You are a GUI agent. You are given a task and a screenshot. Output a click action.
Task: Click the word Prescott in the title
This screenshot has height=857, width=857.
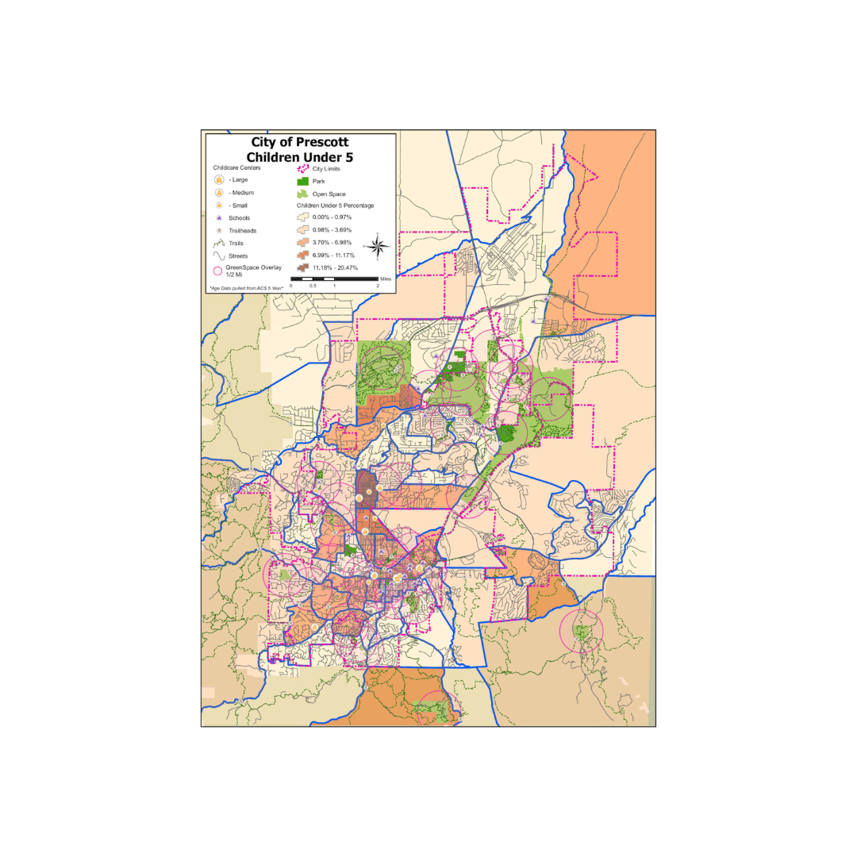321,143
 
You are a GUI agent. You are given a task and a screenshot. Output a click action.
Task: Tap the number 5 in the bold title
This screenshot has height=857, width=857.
349,157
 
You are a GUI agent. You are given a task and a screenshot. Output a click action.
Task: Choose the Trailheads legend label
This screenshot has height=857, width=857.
242,231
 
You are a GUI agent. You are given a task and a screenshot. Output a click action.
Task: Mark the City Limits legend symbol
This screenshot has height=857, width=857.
302,168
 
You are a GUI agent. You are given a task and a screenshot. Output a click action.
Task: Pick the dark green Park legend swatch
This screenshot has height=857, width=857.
302,181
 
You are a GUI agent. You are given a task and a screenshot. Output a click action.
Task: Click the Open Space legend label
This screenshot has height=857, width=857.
329,194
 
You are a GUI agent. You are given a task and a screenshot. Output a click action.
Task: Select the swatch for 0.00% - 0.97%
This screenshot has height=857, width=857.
302,217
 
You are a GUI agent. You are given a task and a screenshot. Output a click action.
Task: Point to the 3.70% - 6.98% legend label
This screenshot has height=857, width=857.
336,243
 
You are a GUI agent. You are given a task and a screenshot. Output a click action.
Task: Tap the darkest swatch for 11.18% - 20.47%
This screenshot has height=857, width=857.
302,268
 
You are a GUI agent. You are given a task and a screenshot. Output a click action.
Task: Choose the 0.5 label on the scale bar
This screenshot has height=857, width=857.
313,286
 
